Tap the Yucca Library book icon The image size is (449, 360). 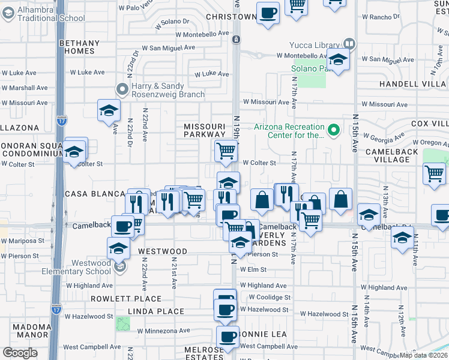pos(349,44)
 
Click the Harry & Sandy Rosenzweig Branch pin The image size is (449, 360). pos(122,90)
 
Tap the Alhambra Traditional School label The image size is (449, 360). pos(51,13)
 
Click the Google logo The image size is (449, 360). pos(20,353)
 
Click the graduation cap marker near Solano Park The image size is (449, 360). pos(339,60)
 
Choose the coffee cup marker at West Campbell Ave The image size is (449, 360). pos(228,338)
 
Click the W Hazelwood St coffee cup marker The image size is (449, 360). pos(226,310)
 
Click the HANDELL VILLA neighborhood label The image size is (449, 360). pos(414,84)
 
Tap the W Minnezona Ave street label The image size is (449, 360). pos(163,330)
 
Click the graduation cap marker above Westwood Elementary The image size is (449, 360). pos(118,248)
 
